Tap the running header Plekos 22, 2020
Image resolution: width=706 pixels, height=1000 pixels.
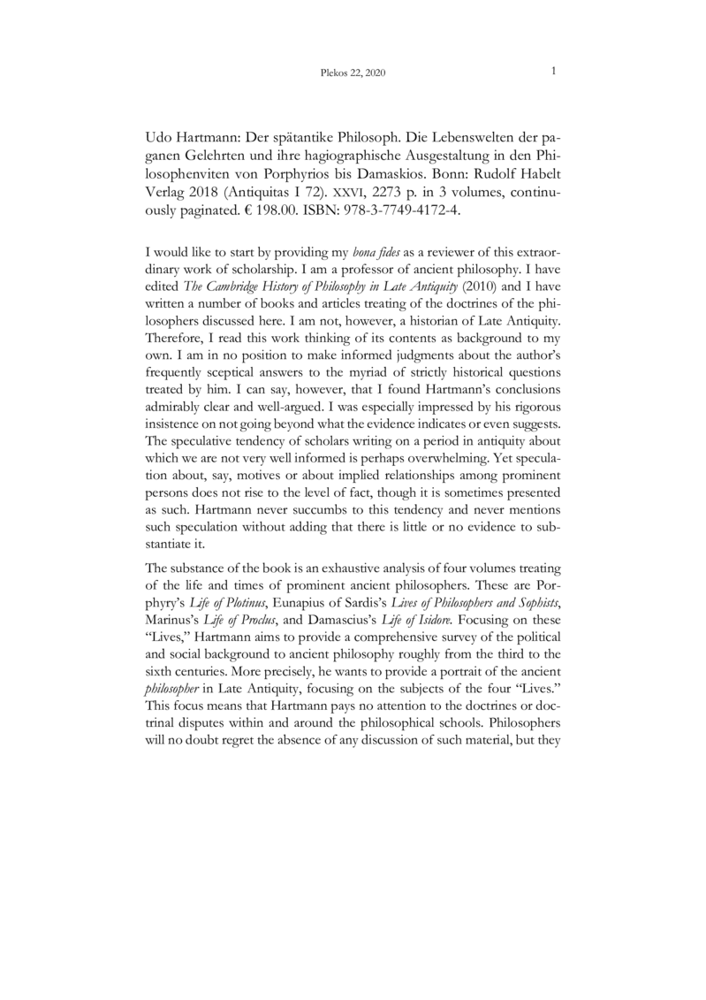[x=353, y=74]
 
